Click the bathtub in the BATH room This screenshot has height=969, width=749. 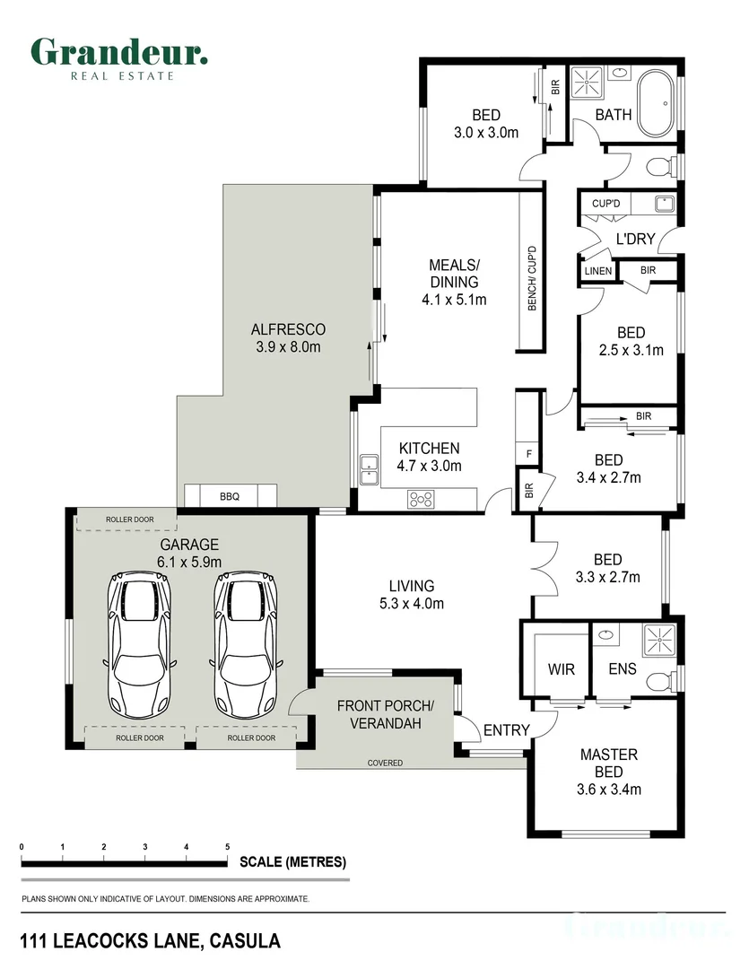[657, 103]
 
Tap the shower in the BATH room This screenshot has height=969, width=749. [586, 83]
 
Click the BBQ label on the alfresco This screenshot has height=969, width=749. [230, 496]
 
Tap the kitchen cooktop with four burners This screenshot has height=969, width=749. [421, 500]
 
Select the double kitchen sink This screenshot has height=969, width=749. [369, 470]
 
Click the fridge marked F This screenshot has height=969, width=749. [528, 454]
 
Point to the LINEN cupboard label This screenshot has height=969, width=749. [598, 271]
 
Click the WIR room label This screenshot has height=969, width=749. [562, 669]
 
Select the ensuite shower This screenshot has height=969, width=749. [659, 641]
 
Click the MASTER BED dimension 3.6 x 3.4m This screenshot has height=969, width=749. [609, 790]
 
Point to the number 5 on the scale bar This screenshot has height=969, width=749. [228, 847]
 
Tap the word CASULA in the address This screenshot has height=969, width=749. [245, 941]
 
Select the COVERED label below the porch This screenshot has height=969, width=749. [385, 764]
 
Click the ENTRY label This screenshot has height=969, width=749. [507, 730]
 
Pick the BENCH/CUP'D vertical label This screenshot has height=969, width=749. [532, 278]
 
